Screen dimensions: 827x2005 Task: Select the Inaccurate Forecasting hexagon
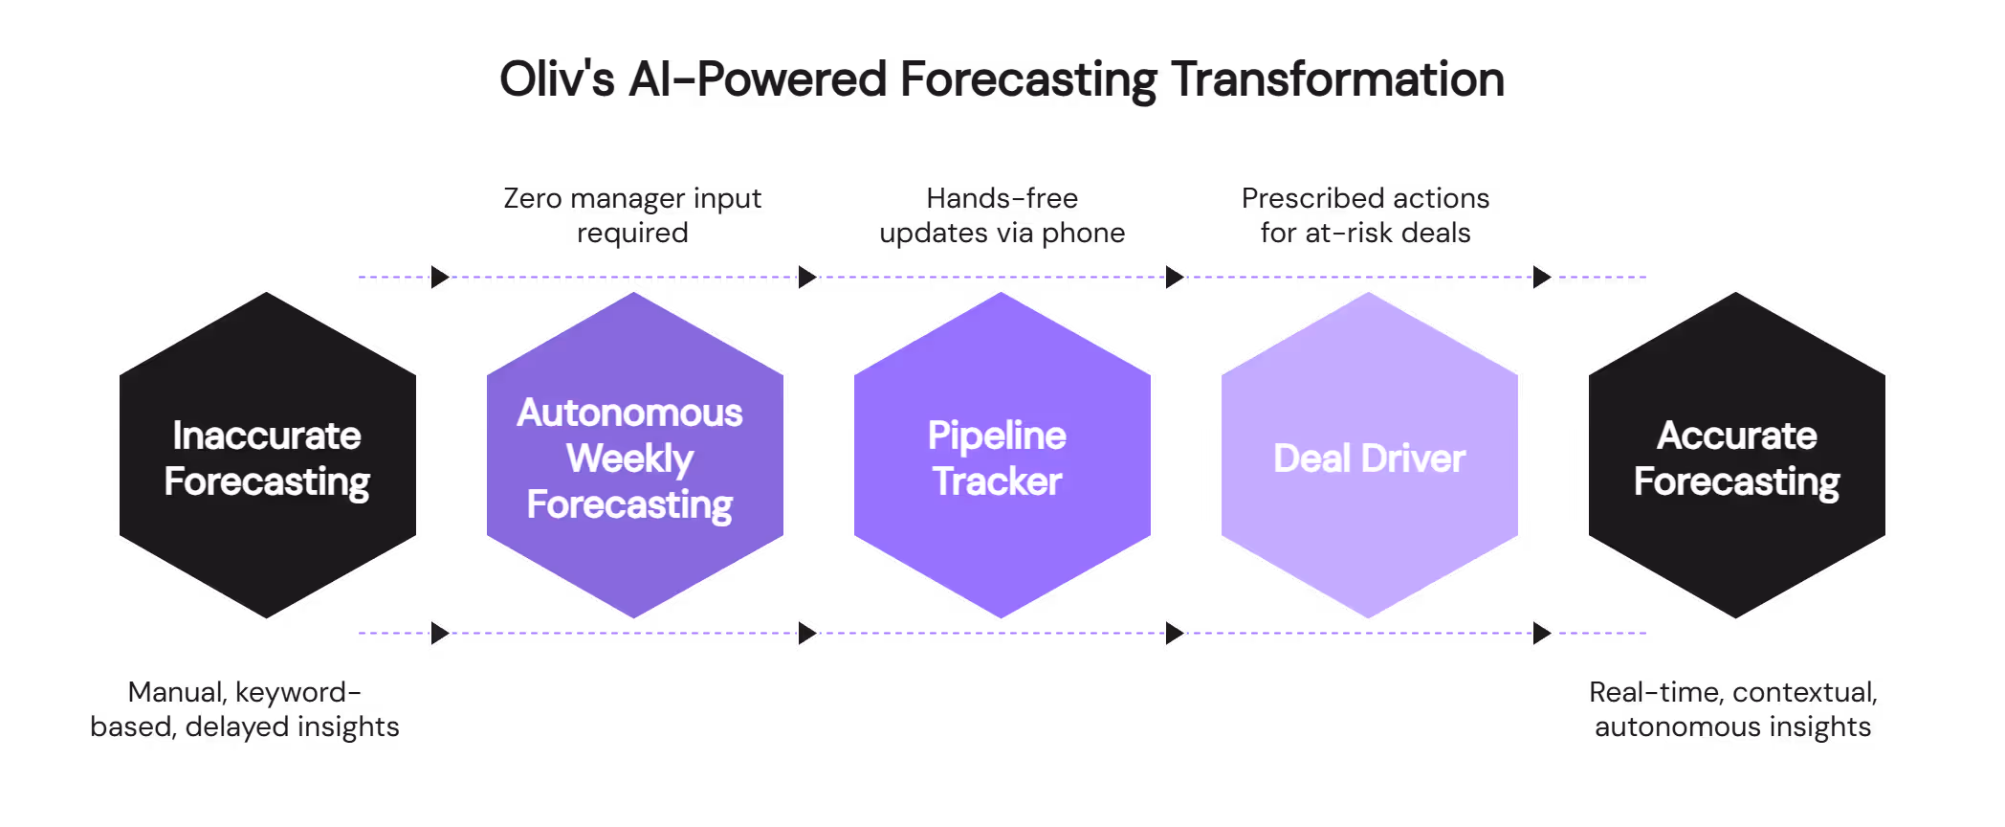coord(267,457)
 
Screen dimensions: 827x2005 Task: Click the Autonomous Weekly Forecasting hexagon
coord(634,457)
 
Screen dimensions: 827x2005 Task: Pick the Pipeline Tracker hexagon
coord(1002,457)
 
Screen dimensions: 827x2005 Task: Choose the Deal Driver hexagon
coord(1369,457)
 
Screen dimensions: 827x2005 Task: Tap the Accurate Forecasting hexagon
coord(1736,457)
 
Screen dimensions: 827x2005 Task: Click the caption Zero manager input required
coord(632,215)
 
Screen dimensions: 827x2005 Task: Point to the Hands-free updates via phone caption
coord(1002,215)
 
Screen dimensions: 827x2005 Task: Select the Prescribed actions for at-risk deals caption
coord(1365,215)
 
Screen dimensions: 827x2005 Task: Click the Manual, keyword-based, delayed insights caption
coord(245,709)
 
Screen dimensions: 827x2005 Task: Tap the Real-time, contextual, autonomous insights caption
coord(1732,709)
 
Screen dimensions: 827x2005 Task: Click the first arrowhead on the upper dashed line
coord(440,278)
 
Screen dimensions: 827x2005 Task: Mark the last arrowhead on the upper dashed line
coord(1542,278)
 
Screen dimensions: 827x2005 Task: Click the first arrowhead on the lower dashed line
coord(440,634)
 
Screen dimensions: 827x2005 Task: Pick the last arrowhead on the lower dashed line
coord(1542,634)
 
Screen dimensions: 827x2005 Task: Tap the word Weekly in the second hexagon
coord(629,458)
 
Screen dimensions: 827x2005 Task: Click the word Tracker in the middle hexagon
coord(998,481)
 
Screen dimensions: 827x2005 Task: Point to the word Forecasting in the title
coord(1027,79)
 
